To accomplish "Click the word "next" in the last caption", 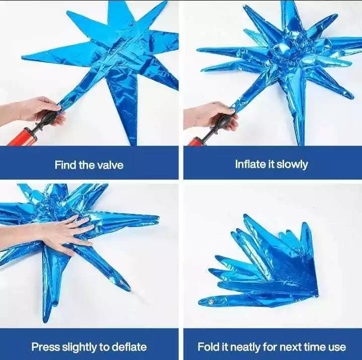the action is coord(290,347).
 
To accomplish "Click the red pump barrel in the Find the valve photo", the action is coord(22,138).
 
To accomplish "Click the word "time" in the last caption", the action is coord(315,347).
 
